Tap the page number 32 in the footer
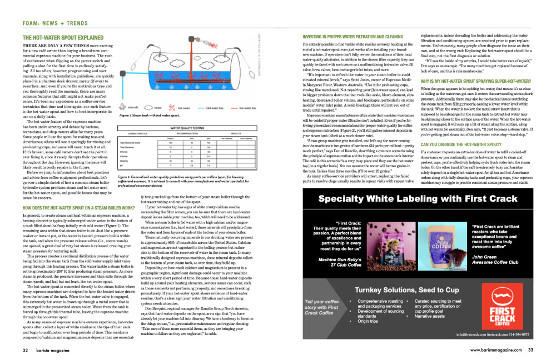[26, 350]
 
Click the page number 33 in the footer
[530, 350]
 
